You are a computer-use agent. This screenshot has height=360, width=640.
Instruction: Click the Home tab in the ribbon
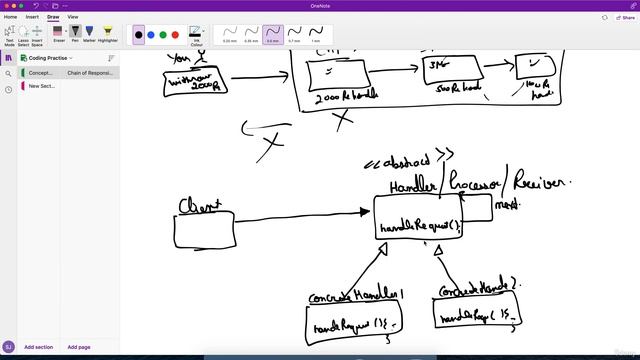point(11,17)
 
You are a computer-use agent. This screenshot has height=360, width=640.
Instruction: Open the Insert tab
point(32,17)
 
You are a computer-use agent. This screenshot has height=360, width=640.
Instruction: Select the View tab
point(73,17)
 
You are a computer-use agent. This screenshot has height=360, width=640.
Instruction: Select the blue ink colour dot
point(151,35)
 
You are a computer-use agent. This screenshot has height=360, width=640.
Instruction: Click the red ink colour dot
point(177,35)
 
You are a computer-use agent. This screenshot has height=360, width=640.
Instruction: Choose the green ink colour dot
point(164,35)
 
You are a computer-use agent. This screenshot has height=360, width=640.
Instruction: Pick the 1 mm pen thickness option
point(316,35)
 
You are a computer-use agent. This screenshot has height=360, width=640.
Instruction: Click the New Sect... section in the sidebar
point(42,86)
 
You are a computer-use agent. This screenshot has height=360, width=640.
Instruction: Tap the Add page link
point(79,347)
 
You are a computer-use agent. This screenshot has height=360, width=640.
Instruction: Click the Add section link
point(38,347)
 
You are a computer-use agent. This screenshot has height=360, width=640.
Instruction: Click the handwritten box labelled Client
point(204,229)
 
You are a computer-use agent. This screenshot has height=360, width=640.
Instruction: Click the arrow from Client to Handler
point(300,213)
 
